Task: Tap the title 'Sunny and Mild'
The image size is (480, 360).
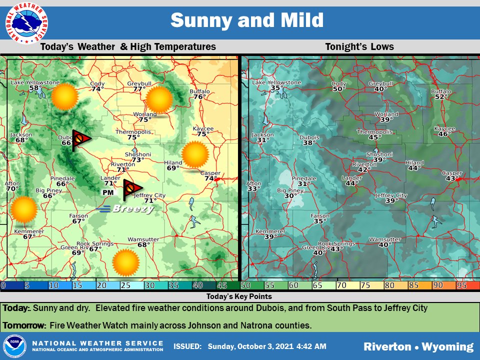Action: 246,20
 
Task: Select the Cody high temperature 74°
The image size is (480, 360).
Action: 97,89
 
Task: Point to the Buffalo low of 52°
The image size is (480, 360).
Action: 441,97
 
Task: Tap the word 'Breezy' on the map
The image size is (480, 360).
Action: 132,209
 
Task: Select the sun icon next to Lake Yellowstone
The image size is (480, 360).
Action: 65,96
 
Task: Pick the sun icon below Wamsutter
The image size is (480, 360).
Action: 125,262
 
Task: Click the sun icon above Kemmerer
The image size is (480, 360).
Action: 24,209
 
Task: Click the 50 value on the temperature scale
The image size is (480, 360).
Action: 245,285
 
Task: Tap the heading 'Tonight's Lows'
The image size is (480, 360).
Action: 359,47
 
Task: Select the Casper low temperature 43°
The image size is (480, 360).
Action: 452,178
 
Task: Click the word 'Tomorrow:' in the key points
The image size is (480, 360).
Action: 24,325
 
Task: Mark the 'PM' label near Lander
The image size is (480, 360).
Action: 107,192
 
